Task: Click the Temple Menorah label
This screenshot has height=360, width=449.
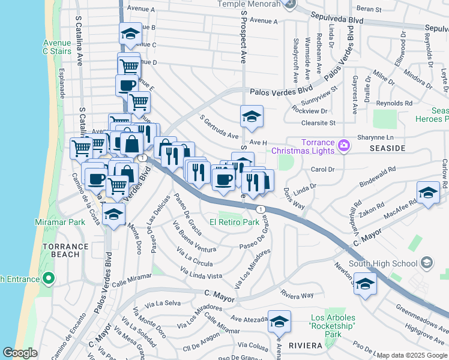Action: pos(250,4)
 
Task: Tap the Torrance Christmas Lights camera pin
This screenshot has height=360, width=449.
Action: pos(343,145)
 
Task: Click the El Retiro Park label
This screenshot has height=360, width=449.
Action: pos(234,222)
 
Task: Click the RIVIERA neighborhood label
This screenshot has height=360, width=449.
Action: pos(306,346)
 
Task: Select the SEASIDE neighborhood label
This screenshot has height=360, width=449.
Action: pos(387,148)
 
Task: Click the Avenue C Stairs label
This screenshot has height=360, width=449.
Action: pos(58,47)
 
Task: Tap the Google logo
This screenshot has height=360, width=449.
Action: pos(20,353)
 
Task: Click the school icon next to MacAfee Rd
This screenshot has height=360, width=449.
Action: pos(427,193)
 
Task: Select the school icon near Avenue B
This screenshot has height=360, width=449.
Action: pos(130,35)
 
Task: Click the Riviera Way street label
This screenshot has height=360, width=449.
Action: pos(297,295)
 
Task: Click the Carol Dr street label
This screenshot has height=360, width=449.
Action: pos(322,169)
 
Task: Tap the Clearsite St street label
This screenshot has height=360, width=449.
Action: pos(318,122)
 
